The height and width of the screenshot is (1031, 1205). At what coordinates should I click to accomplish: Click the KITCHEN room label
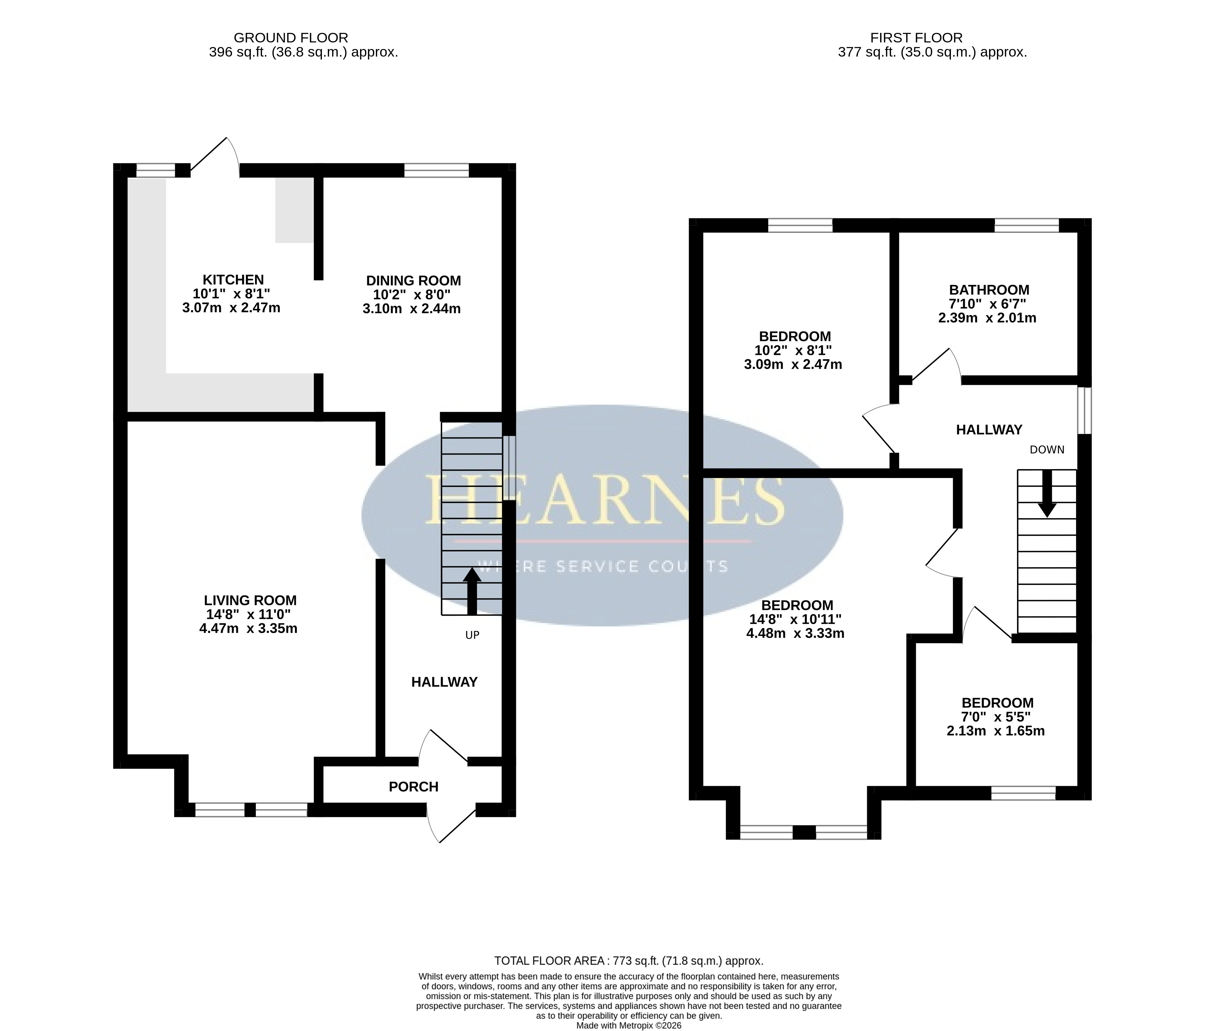(233, 280)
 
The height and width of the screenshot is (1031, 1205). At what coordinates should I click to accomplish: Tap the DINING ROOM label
(413, 281)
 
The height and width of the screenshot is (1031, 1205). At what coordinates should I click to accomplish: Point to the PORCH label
(413, 787)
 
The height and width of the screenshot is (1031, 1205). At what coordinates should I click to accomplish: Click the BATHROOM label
(989, 290)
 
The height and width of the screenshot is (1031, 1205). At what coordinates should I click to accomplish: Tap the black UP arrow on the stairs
(472, 591)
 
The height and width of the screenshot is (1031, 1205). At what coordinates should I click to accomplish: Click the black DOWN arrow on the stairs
(1047, 493)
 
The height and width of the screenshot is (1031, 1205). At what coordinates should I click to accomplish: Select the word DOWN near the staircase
(1047, 449)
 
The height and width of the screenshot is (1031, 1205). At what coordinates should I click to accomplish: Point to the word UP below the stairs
(472, 635)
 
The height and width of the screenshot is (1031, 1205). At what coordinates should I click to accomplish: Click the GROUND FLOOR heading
(291, 38)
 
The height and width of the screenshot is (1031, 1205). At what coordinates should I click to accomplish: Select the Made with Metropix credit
(629, 1026)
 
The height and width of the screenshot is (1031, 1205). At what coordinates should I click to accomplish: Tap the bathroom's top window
(1027, 225)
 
